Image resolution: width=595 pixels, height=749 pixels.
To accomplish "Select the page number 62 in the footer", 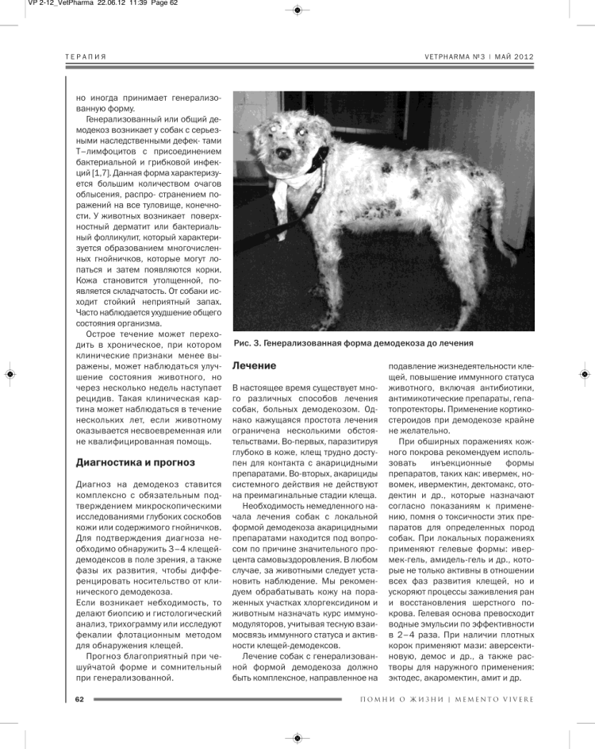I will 79,699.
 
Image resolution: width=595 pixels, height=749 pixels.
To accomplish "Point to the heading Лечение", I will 254,366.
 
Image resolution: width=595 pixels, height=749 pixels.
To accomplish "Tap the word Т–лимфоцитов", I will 116,151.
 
